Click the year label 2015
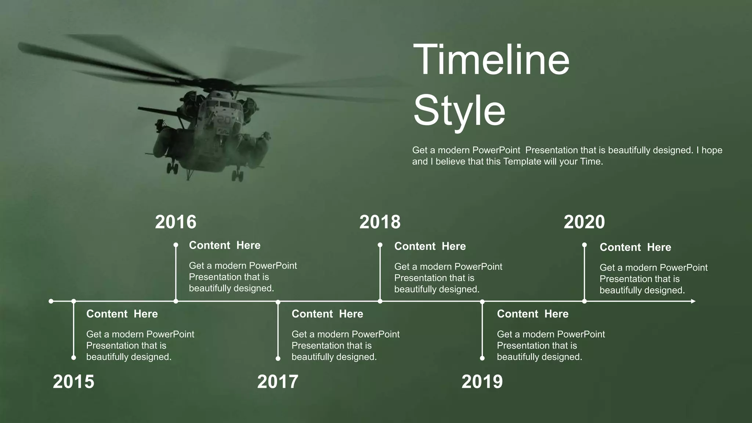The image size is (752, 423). tap(73, 382)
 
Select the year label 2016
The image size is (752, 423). tap(176, 222)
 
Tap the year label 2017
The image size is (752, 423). tap(278, 382)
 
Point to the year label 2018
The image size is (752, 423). tap(380, 222)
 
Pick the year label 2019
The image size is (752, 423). tap(482, 382)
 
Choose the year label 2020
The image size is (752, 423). tap(584, 222)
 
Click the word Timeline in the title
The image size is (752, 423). tap(491, 59)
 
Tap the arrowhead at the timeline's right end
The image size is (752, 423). tap(693, 301)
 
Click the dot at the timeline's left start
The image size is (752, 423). tap(51, 301)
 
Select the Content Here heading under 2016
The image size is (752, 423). tap(225, 245)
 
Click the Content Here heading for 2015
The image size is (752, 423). tap(122, 314)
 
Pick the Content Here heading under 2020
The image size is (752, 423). tap(635, 247)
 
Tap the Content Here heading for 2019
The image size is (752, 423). tap(532, 314)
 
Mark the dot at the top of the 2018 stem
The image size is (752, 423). tap(380, 245)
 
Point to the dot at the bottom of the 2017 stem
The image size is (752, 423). tap(278, 358)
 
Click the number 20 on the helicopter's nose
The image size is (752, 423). tap(224, 120)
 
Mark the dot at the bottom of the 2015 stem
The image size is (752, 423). tap(74, 358)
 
